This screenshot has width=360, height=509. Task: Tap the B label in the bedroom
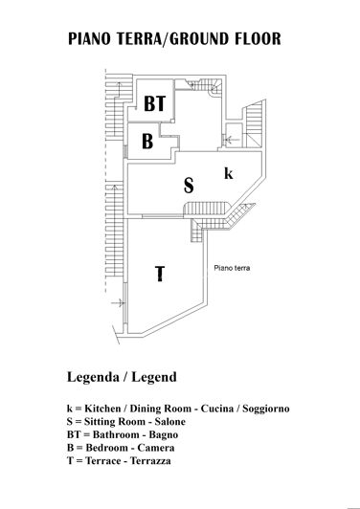point(148,142)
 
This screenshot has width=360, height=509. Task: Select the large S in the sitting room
point(189,185)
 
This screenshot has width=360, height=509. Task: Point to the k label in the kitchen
point(228,173)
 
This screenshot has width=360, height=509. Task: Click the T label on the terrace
point(160,275)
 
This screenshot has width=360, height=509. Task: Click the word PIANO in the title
point(92,40)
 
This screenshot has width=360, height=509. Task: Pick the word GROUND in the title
point(208,40)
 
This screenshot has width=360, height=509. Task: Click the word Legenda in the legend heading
point(96,376)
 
